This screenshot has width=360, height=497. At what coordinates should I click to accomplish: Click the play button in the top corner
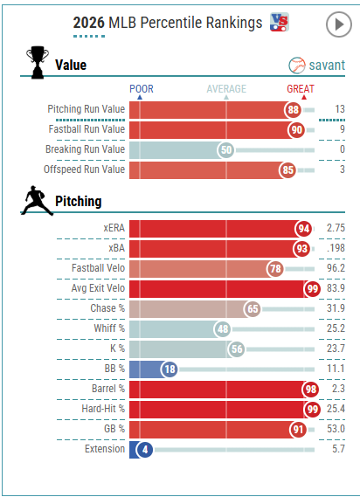click(x=339, y=24)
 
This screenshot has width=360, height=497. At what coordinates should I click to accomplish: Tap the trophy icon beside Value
click(x=38, y=62)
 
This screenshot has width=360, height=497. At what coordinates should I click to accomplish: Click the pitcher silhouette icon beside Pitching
click(x=37, y=201)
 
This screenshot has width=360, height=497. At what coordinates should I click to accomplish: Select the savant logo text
click(x=327, y=65)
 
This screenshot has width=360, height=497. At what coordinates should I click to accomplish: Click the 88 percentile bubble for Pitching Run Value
click(x=293, y=110)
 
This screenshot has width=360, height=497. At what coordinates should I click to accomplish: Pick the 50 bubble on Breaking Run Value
click(x=225, y=149)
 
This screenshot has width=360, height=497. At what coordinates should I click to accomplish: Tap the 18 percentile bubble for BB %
click(x=170, y=369)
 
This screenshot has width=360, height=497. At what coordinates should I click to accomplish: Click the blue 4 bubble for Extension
click(x=145, y=450)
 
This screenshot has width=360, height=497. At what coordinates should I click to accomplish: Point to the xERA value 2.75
click(x=336, y=228)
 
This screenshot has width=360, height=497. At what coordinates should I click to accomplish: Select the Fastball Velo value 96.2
click(x=336, y=268)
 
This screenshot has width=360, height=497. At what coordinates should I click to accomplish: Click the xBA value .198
click(x=336, y=248)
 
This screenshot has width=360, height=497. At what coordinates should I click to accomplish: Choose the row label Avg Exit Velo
click(x=98, y=288)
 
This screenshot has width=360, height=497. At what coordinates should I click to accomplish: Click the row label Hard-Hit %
click(x=103, y=409)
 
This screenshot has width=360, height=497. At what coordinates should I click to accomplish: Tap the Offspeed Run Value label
click(x=84, y=169)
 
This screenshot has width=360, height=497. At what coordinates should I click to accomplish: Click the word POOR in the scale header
click(x=142, y=89)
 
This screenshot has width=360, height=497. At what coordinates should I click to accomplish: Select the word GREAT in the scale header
click(x=301, y=89)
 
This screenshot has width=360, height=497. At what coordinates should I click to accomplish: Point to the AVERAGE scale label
click(x=226, y=89)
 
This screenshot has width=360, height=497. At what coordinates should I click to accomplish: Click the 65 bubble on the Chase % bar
click(x=253, y=308)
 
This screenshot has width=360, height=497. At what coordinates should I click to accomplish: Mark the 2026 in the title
click(x=88, y=23)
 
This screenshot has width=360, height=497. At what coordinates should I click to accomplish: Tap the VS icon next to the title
click(x=280, y=22)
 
